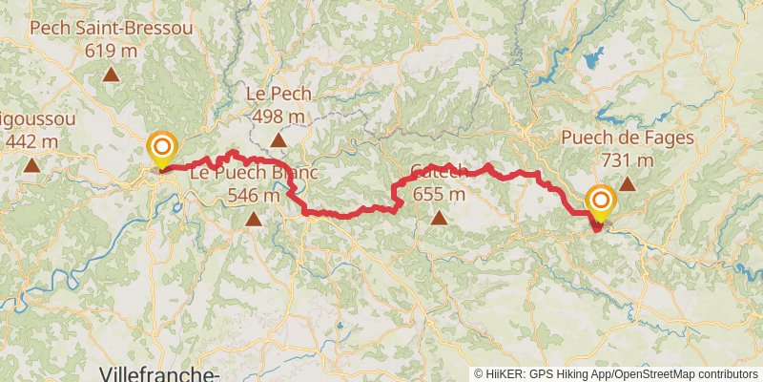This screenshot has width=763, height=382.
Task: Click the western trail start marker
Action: click(x=162, y=148)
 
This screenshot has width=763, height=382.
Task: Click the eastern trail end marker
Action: click(x=600, y=202)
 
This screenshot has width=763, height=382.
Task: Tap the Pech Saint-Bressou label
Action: click(x=112, y=28)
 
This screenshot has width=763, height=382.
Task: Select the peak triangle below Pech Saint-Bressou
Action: click(x=112, y=74)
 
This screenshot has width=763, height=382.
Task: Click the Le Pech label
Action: click(x=278, y=95)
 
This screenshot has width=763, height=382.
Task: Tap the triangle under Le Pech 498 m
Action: click(x=278, y=141)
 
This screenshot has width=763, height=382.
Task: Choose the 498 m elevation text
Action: click(x=278, y=116)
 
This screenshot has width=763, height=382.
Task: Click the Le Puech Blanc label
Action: click(x=253, y=174)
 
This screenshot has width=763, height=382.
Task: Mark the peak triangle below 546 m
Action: click(x=254, y=220)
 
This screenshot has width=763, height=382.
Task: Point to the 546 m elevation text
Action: click(x=254, y=195)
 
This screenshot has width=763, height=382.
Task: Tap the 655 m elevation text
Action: click(x=439, y=195)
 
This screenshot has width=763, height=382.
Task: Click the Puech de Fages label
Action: click(x=627, y=138)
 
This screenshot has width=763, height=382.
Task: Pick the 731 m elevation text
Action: click(x=628, y=159)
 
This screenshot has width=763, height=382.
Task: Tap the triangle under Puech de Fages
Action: click(x=628, y=184)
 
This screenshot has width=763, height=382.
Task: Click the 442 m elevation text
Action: click(x=31, y=141)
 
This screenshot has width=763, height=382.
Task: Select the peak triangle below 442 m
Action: click(x=31, y=166)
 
